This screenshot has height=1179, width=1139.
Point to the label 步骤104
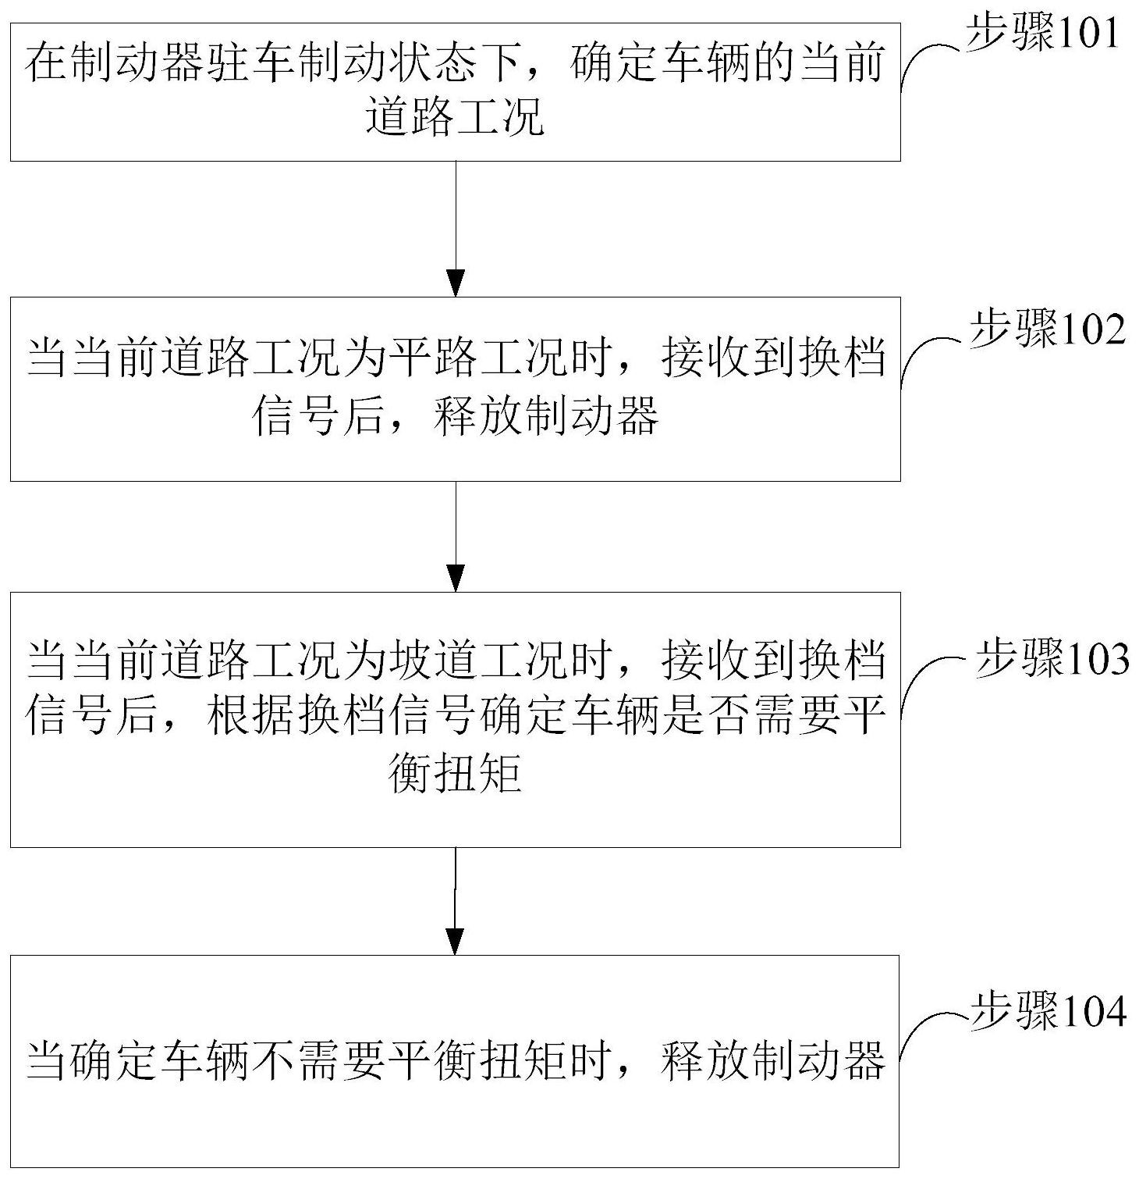click(x=1048, y=1010)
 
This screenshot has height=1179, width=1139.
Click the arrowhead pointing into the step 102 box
click(x=455, y=283)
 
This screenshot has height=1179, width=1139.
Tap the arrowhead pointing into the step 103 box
click(x=455, y=579)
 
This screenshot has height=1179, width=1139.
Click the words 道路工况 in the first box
click(x=456, y=119)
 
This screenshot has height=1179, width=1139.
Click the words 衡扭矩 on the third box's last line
click(x=456, y=775)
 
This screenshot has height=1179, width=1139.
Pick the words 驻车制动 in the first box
click(x=296, y=62)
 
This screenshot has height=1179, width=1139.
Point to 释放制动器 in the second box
click(x=547, y=415)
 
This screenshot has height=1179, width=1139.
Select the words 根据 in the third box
click(x=252, y=718)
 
